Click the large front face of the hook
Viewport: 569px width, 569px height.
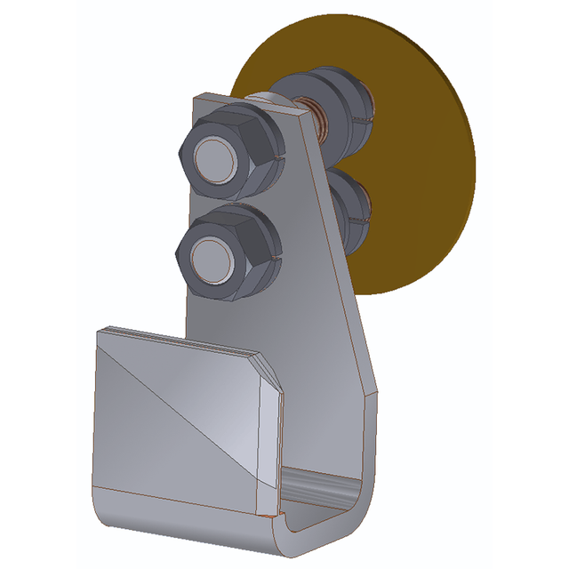click(178, 418)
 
